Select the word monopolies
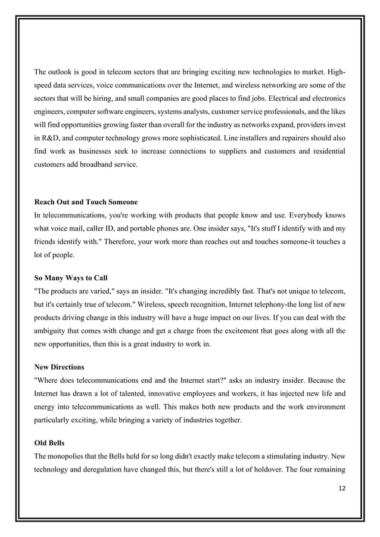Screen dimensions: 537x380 pos(68,455)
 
